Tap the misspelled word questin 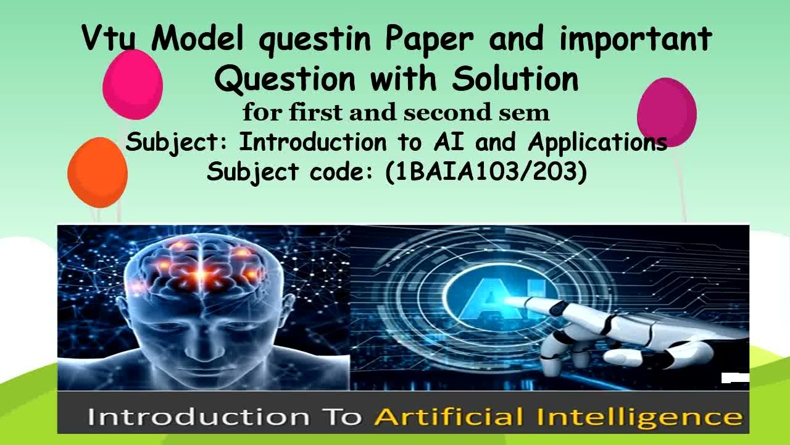tap(314, 40)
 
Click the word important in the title tap(636, 40)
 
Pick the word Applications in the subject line tap(597, 142)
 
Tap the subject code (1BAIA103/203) tap(486, 171)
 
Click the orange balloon tap(98, 171)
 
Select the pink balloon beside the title tap(132, 84)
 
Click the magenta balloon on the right tap(667, 111)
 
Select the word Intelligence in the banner tap(639, 417)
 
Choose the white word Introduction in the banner tap(198, 417)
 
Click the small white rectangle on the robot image tap(735, 378)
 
